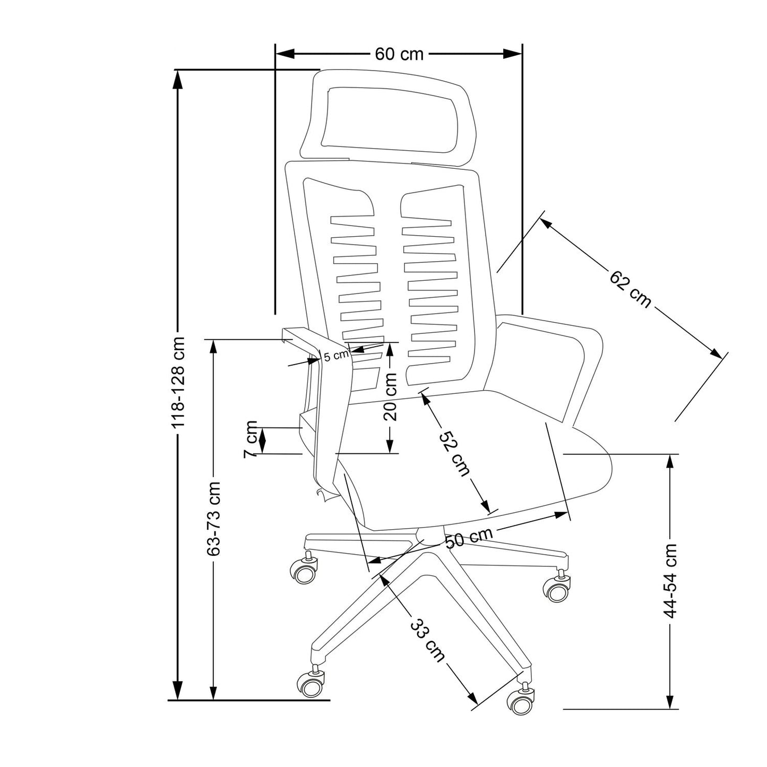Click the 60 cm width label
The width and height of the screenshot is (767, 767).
tap(399, 54)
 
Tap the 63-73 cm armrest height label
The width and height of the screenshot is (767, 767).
tap(214, 519)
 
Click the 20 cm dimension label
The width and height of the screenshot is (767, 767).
tap(390, 397)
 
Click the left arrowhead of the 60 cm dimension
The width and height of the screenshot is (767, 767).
tap(285, 54)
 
